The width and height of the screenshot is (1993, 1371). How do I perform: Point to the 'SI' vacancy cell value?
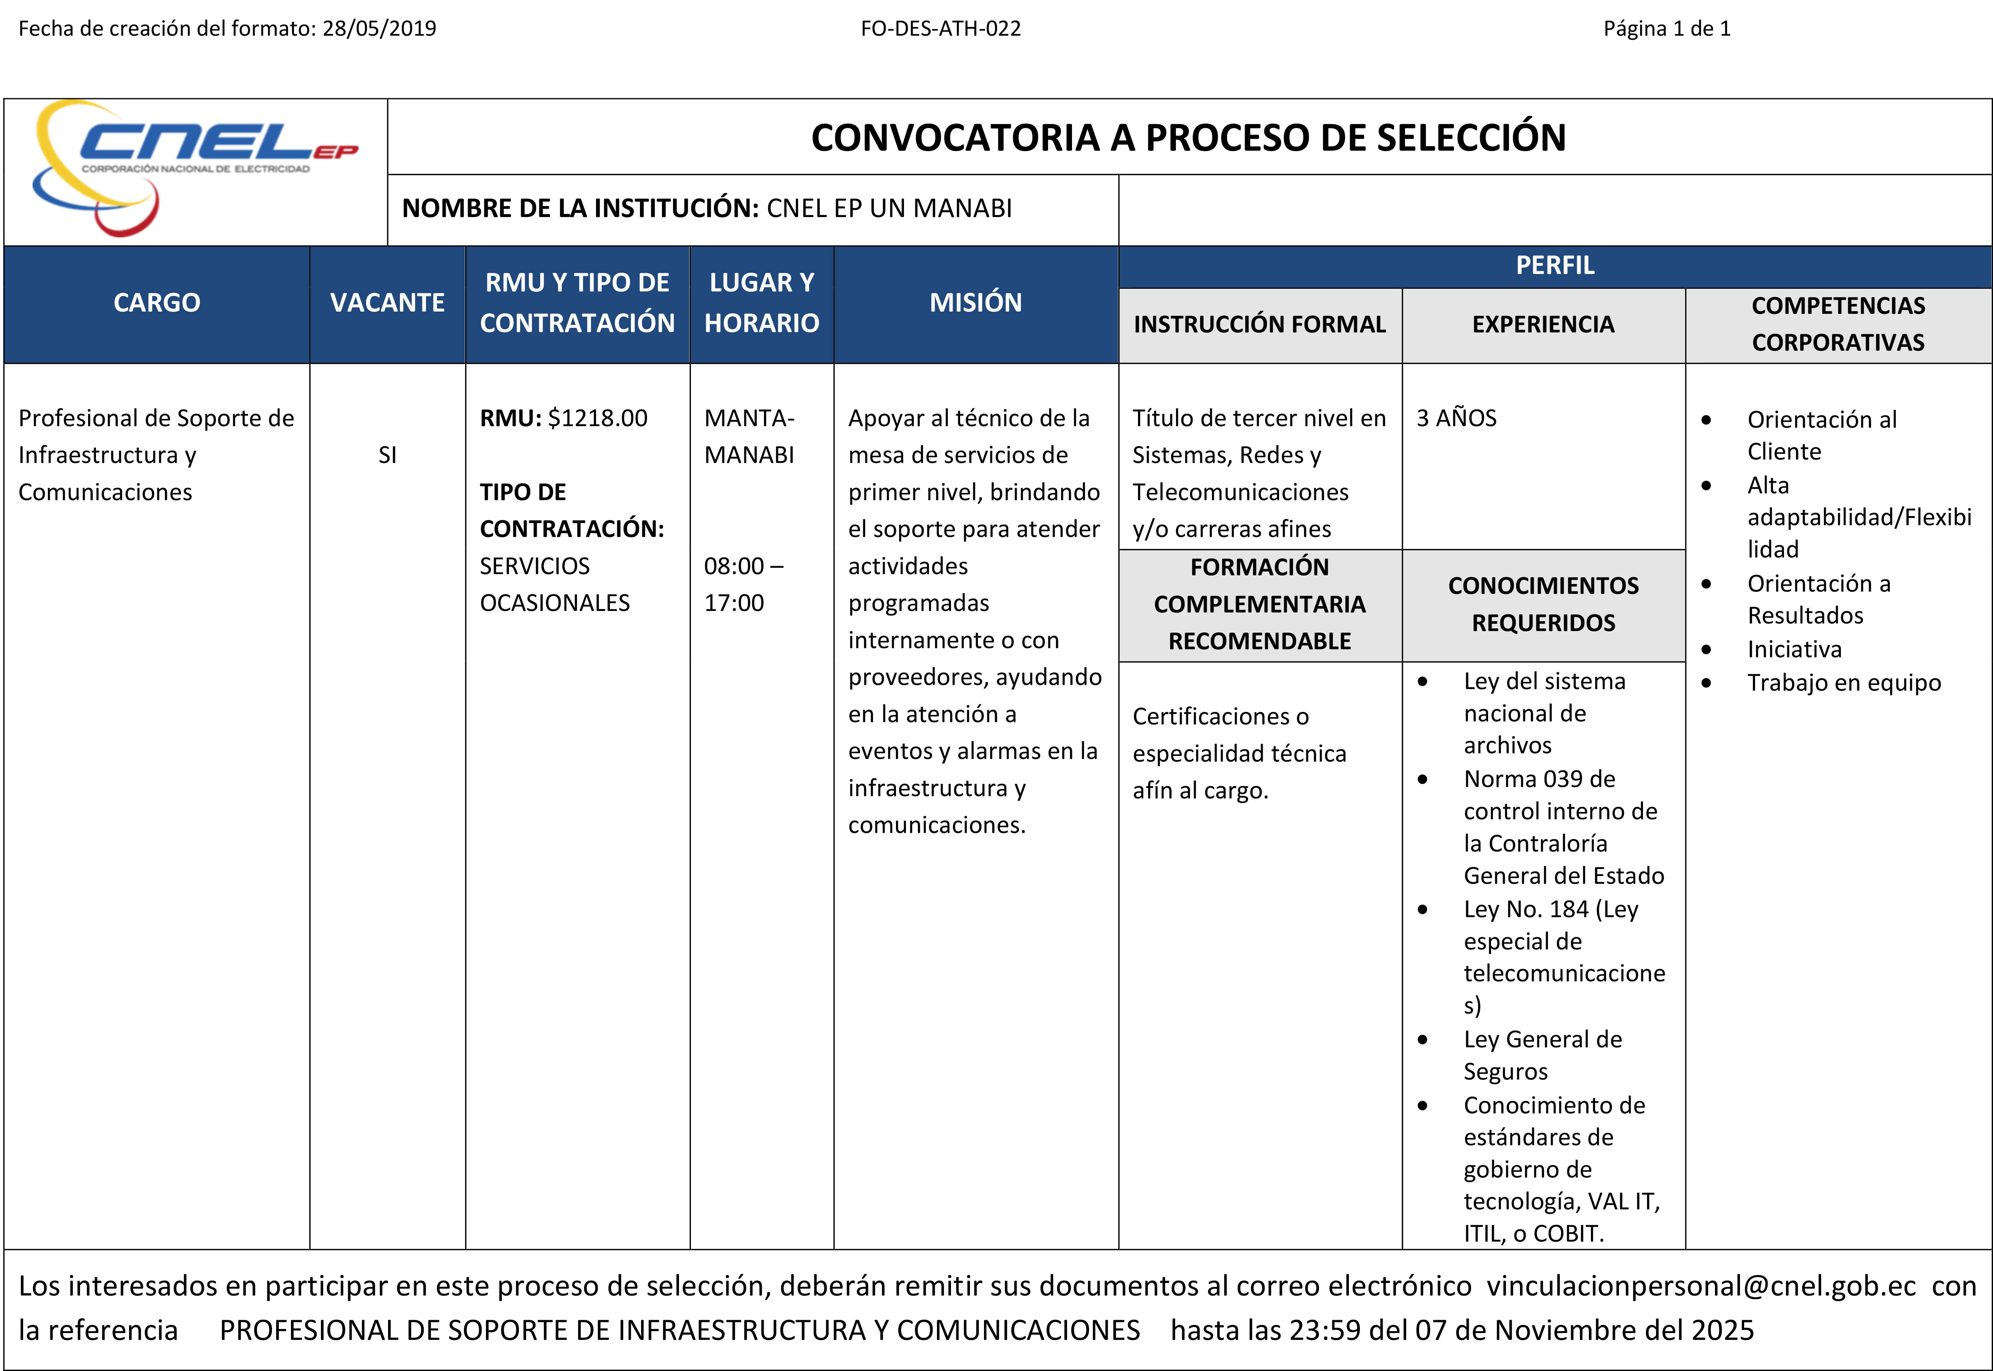tap(387, 455)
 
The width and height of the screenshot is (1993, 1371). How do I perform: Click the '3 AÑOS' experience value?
tap(1456, 418)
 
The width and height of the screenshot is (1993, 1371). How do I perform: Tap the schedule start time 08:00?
tap(734, 566)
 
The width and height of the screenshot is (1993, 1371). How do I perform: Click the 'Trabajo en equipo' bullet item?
tap(1844, 683)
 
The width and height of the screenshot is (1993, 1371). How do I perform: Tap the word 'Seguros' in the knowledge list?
tap(1505, 1072)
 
